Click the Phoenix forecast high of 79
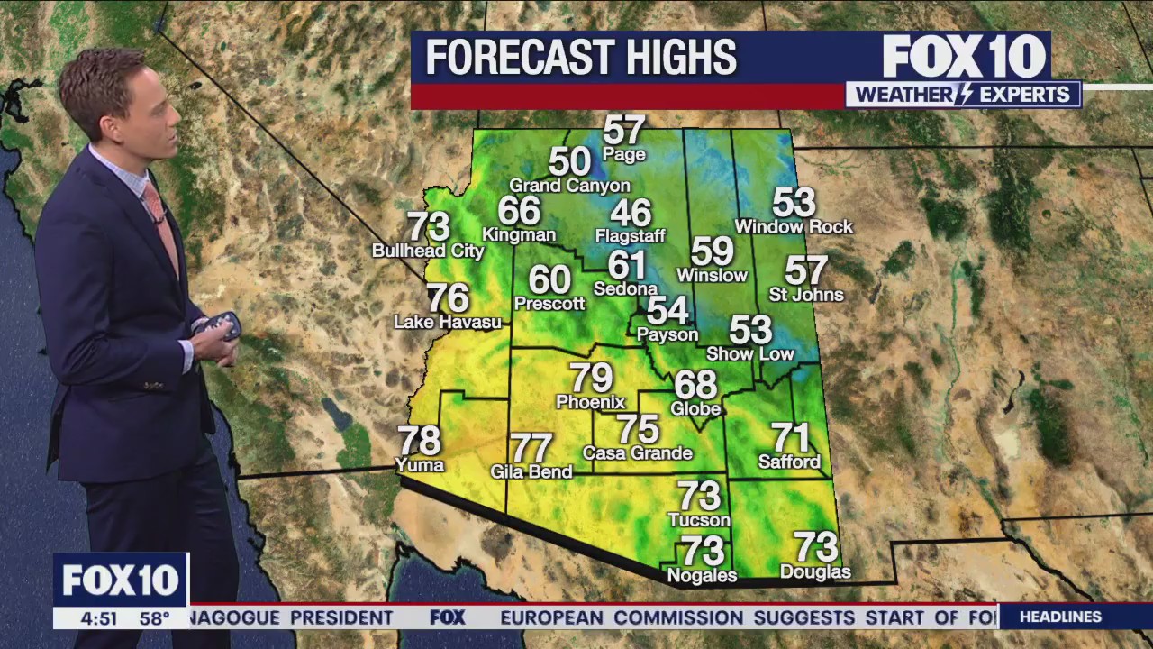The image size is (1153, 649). tap(591, 378)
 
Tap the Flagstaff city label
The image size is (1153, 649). tap(630, 236)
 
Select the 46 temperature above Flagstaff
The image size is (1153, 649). tap(631, 213)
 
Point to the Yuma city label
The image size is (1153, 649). tap(420, 465)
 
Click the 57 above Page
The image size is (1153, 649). tap(624, 130)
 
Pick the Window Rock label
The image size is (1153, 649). tap(794, 227)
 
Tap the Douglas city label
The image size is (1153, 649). tap(815, 572)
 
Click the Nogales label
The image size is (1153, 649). tap(702, 575)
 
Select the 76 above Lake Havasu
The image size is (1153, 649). tap(448, 297)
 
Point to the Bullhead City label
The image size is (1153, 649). tap(428, 251)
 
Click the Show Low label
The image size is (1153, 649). tap(749, 354)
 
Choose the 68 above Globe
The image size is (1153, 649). tap(695, 385)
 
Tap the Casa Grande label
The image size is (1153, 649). tap(638, 453)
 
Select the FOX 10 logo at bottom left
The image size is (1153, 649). tap(121, 580)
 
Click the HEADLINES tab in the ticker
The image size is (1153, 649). tap(1060, 617)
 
